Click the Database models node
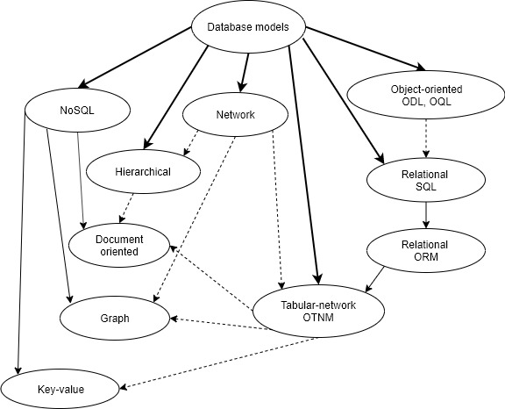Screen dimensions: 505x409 248,27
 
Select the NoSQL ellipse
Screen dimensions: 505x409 77,111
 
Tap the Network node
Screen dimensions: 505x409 235,115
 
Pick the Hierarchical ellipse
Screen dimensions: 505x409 143,172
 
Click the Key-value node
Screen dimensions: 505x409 60,390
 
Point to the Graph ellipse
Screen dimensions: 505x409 115,319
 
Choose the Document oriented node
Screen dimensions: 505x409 119,245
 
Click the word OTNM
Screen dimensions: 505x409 318,318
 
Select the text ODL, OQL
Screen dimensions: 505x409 426,102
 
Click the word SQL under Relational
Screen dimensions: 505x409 426,187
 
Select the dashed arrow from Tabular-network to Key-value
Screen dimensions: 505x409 219,363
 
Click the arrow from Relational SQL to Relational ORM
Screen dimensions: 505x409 426,215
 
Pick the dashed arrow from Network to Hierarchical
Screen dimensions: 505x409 190,143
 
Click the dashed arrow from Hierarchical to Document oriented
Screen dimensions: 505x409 126,208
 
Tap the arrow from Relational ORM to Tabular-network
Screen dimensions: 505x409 374,279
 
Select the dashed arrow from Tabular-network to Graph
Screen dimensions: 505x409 219,324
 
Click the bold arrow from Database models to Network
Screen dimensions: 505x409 245,73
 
